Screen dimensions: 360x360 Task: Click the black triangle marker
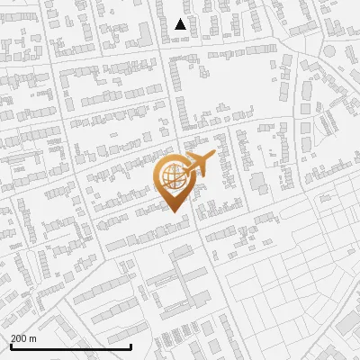coord(181,25)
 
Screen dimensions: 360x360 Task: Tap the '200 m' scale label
coord(23,339)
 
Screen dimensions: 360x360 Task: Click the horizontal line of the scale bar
coord(70,346)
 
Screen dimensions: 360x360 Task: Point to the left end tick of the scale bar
coord(11,346)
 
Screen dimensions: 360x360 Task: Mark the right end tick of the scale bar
coord(131,346)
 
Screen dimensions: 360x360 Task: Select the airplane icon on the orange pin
coord(200,164)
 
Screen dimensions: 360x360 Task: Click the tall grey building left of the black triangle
coord(145,34)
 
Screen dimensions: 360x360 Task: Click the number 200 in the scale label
coord(19,339)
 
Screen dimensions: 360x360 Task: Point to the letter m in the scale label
coord(33,339)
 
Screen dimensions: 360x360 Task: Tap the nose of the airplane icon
coord(212,156)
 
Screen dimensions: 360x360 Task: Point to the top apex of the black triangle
coord(181,19)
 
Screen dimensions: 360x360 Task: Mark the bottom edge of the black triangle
coord(181,30)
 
